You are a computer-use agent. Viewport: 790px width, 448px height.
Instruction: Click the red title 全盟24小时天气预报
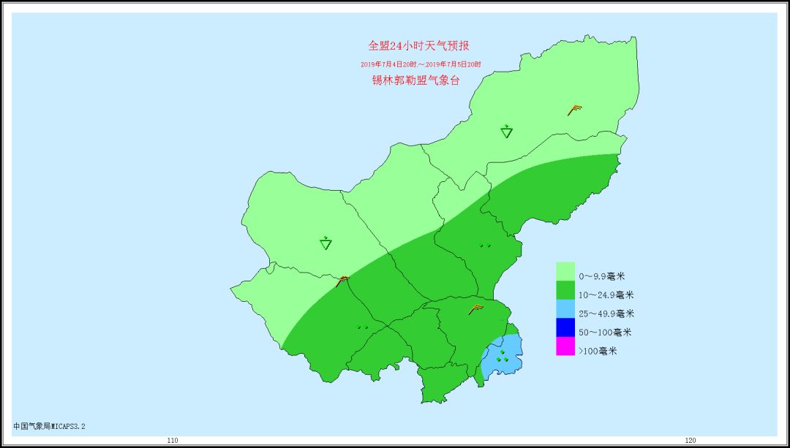pyautogui.click(x=418, y=46)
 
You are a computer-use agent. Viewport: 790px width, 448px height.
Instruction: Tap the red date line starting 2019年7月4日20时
pyautogui.click(x=421, y=64)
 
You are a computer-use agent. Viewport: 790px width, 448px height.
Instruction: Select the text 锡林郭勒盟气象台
pyautogui.click(x=415, y=80)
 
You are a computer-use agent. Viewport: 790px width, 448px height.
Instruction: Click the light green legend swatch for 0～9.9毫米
pyautogui.click(x=565, y=271)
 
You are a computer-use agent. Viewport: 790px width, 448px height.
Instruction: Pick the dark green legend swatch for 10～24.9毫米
pyautogui.click(x=565, y=290)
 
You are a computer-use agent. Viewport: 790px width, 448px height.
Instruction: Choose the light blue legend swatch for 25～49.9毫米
pyautogui.click(x=565, y=309)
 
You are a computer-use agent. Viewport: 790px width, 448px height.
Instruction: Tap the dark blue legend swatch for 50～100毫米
pyautogui.click(x=565, y=328)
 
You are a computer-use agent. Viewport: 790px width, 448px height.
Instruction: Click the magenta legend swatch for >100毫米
pyautogui.click(x=565, y=346)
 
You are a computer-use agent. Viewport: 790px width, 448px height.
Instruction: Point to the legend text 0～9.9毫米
pyautogui.click(x=602, y=277)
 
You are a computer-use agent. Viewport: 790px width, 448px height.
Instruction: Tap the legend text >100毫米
pyautogui.click(x=598, y=351)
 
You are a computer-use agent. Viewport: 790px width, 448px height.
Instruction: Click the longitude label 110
pyautogui.click(x=172, y=441)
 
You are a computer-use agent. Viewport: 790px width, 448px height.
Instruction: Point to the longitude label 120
pyautogui.click(x=690, y=441)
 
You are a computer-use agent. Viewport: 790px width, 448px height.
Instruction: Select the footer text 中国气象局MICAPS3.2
pyautogui.click(x=54, y=425)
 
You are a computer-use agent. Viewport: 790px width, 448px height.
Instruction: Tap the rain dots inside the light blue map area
pyautogui.click(x=503, y=356)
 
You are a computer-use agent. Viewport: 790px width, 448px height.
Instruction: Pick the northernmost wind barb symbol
pyautogui.click(x=575, y=110)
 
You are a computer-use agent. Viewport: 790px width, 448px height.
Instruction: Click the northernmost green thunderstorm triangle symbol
pyautogui.click(x=507, y=132)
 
